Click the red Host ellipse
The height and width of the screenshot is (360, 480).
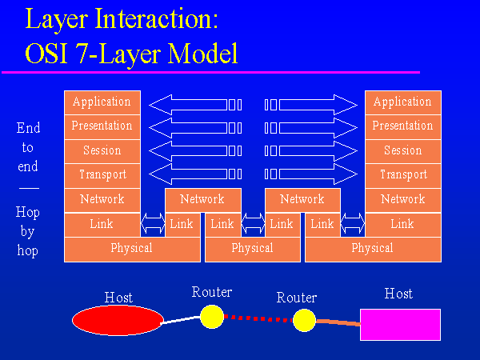point(118,321)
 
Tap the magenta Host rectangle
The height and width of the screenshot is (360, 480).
point(399,325)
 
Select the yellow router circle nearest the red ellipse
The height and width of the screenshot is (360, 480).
point(211,316)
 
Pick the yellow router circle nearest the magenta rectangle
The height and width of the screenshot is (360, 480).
point(304,321)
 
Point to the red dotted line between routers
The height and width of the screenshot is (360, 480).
point(258,318)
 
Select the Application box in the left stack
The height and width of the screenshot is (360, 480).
point(102,102)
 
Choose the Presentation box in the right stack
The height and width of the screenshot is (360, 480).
point(402,126)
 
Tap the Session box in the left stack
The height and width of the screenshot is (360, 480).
point(102,150)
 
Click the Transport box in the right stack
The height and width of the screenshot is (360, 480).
point(402,174)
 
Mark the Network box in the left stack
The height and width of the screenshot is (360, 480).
point(102,199)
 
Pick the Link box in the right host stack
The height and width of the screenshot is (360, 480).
point(402,225)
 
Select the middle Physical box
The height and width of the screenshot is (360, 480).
point(252,249)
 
